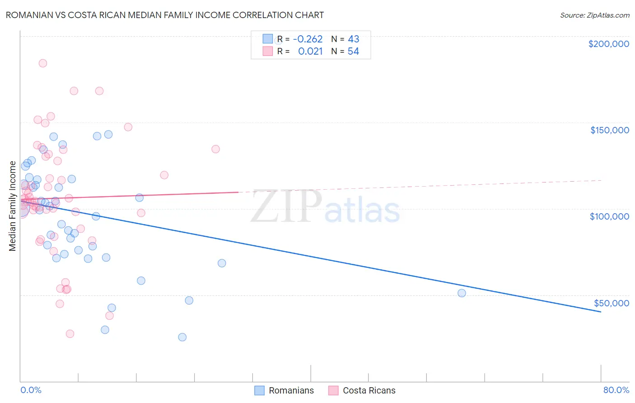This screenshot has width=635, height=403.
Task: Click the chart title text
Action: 164,15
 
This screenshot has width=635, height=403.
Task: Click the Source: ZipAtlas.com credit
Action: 594,15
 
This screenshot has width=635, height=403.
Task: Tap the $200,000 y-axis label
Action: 608,44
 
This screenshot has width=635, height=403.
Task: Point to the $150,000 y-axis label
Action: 609,130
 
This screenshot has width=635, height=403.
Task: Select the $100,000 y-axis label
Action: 609,216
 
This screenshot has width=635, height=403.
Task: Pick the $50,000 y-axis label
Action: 611,303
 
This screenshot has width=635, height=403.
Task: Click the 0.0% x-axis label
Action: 31,390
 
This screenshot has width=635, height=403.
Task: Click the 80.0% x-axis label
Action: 616,390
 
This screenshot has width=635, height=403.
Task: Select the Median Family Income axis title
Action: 13,206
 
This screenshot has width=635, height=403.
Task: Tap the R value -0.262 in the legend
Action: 308,39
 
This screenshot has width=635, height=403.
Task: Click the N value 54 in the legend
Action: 353,52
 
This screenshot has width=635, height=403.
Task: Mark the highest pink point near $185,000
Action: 43,63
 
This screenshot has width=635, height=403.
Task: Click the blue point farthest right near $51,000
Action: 462,293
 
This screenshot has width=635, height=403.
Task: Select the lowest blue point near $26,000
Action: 182,337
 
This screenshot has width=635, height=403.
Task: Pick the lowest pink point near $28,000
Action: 70,333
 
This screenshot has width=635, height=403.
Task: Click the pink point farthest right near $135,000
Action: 215,149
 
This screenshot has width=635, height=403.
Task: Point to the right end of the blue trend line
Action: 601,312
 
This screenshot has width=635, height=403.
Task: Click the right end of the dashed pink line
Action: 601,180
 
